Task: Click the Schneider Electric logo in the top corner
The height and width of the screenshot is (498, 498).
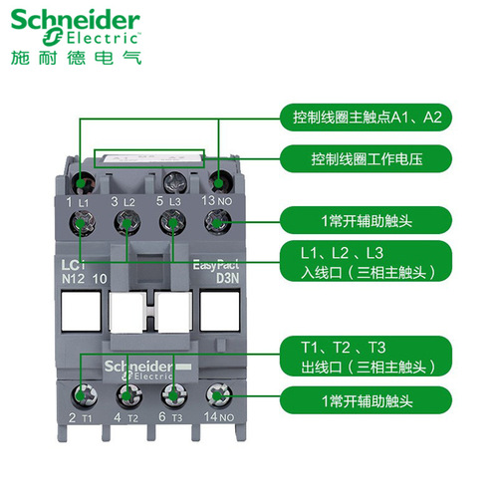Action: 76,25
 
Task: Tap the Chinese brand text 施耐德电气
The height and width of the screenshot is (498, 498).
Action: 76,57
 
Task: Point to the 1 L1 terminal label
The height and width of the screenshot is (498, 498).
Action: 78,202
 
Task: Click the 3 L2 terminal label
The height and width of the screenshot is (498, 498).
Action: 123,202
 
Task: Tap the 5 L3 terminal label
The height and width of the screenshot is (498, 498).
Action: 168,202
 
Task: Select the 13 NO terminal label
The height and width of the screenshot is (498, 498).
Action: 218,202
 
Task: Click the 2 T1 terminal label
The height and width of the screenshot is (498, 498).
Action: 80,417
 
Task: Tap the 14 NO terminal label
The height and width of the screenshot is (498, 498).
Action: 218,417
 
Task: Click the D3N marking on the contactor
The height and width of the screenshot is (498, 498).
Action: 216,280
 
